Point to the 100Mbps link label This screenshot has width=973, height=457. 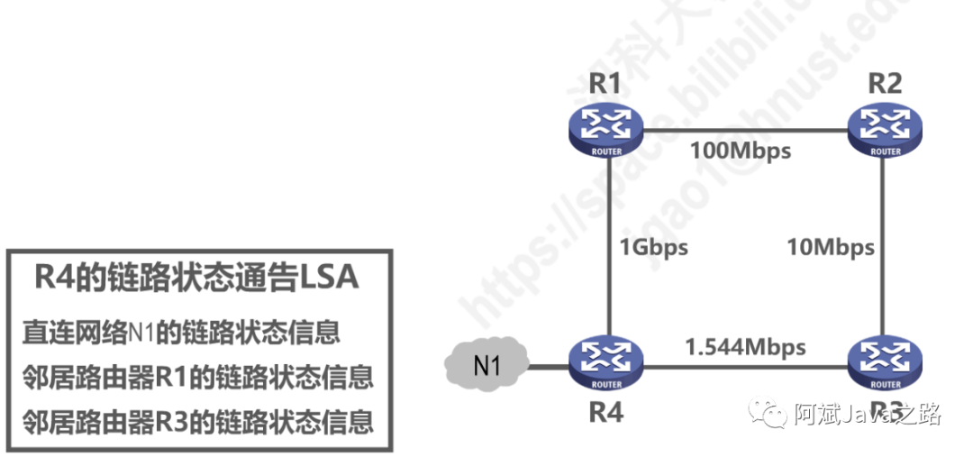point(741,150)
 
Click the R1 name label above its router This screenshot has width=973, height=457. point(605,84)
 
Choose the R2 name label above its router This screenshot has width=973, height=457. point(885,84)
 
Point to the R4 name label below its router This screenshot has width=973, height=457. point(606,414)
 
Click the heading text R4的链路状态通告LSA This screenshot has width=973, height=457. point(196,277)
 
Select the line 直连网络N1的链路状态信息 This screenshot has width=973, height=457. point(181,333)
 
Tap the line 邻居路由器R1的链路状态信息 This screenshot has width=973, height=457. point(197,377)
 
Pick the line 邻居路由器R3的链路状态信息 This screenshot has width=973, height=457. point(197,420)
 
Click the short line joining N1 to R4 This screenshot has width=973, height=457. point(548,367)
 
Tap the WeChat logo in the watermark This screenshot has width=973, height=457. point(772,414)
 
